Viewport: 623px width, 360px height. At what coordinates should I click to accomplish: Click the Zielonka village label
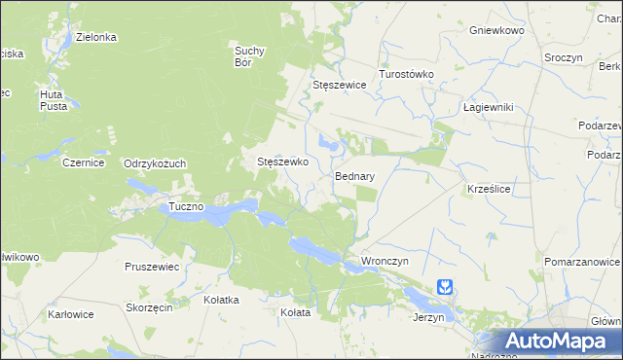pyautogui.click(x=96, y=37)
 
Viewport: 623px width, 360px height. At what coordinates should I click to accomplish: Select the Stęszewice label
pyautogui.click(x=339, y=85)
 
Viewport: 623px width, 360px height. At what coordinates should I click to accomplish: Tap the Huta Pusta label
pyautogui.click(x=53, y=99)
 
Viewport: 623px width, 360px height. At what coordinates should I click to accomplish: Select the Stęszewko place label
pyautogui.click(x=282, y=162)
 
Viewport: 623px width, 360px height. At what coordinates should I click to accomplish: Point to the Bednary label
pyautogui.click(x=355, y=177)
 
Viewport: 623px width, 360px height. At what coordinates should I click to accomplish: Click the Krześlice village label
pyautogui.click(x=490, y=185)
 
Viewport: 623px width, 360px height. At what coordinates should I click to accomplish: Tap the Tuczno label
pyautogui.click(x=186, y=207)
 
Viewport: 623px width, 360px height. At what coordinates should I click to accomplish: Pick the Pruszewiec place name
pyautogui.click(x=153, y=267)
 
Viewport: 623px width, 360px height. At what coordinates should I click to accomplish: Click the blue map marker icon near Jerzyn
pyautogui.click(x=445, y=288)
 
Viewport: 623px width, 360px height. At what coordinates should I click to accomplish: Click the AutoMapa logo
pyautogui.click(x=559, y=342)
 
